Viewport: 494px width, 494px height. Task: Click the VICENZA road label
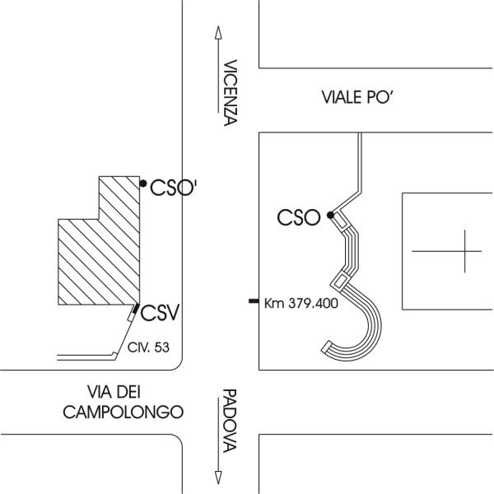point(230,91)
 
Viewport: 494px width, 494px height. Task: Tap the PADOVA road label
point(230,421)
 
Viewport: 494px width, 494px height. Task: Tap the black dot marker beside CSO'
point(143,183)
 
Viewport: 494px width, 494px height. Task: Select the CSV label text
point(160,313)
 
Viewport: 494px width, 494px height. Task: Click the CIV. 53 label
point(149,348)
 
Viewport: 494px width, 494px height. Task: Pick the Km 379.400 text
point(301,303)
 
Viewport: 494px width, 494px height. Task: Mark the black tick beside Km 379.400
point(253,302)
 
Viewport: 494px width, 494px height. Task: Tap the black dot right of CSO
point(330,216)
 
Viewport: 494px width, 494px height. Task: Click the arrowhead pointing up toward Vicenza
point(217,32)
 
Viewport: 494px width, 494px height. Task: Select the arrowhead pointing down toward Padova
point(217,478)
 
